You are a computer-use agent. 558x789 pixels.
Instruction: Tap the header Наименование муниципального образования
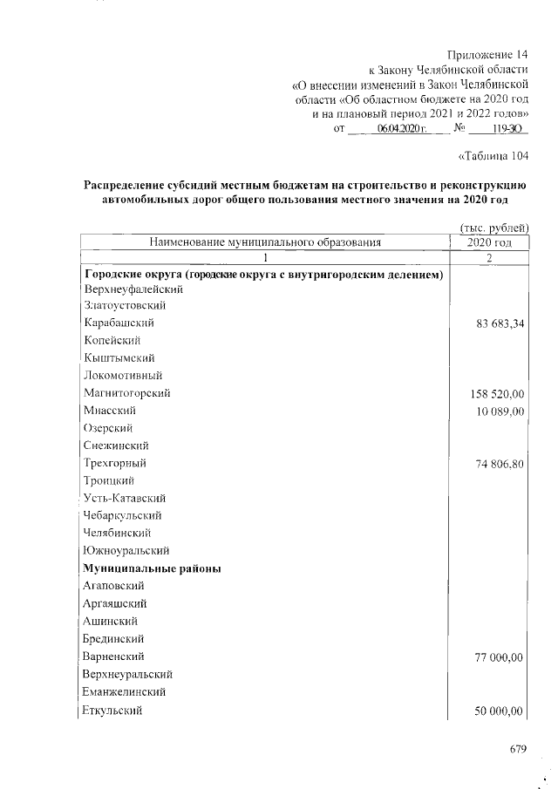(x=266, y=242)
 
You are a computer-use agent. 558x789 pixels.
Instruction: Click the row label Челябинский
(x=118, y=533)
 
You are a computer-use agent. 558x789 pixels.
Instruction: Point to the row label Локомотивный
(x=120, y=375)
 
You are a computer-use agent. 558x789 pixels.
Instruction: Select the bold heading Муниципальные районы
(x=152, y=568)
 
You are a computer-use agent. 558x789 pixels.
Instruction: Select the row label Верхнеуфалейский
(x=132, y=288)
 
